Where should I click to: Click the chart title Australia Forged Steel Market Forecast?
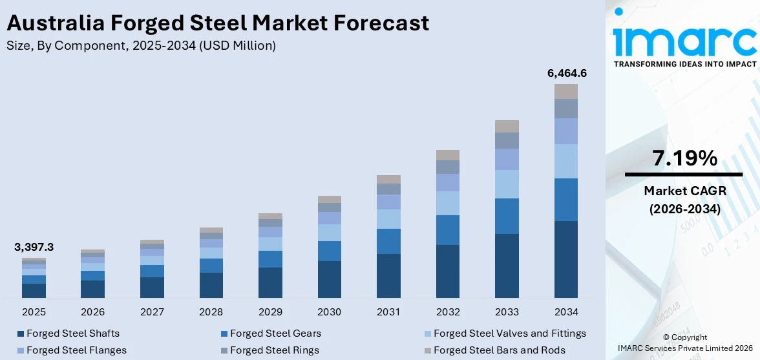217,23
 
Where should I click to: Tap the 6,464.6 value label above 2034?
566,73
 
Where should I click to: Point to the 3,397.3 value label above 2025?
34,248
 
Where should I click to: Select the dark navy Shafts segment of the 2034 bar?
566,259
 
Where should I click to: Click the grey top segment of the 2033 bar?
507,126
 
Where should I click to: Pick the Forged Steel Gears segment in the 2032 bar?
448,230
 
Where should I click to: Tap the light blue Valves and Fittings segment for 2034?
566,161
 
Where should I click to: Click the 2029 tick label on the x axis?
270,312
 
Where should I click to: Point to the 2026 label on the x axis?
92,312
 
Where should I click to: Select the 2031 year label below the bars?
388,312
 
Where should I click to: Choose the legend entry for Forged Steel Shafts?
72,334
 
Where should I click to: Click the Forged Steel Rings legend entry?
274,350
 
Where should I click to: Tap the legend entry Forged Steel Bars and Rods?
499,350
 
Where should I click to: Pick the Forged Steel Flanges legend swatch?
21,350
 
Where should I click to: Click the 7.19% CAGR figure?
684,158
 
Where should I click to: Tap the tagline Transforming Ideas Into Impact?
684,64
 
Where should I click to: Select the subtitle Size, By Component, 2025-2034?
141,45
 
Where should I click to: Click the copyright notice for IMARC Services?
684,343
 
